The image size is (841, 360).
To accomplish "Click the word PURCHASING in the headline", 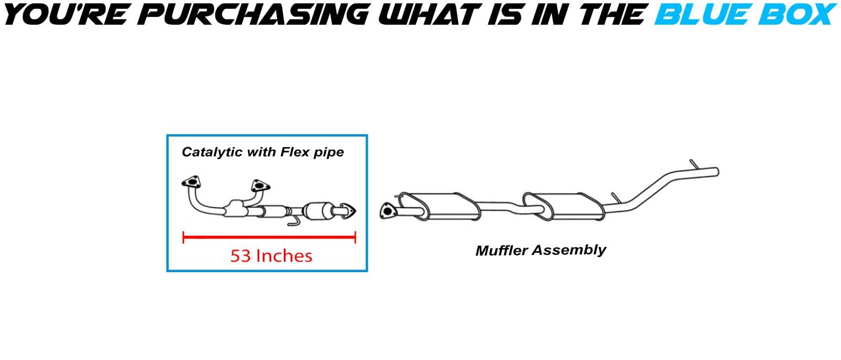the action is pyautogui.click(x=253, y=14).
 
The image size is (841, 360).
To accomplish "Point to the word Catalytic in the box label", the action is pyautogui.click(x=212, y=152).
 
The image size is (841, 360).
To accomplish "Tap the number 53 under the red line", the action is pyautogui.click(x=240, y=256).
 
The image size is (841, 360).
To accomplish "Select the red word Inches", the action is pyautogui.click(x=284, y=256).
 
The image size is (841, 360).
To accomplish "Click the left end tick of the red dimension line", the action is pyautogui.click(x=183, y=237).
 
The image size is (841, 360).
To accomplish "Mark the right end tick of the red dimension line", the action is pyautogui.click(x=355, y=237).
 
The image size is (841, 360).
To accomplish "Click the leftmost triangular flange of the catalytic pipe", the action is pyautogui.click(x=191, y=182).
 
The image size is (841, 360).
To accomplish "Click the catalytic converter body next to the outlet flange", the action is pyautogui.click(x=319, y=211).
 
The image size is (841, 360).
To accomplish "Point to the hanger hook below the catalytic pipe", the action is pyautogui.click(x=293, y=221).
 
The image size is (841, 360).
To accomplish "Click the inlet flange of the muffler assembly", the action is pyautogui.click(x=387, y=211).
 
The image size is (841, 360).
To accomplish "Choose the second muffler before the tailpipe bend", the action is pyautogui.click(x=563, y=206).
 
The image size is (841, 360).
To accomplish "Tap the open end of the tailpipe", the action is pyautogui.click(x=716, y=171).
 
